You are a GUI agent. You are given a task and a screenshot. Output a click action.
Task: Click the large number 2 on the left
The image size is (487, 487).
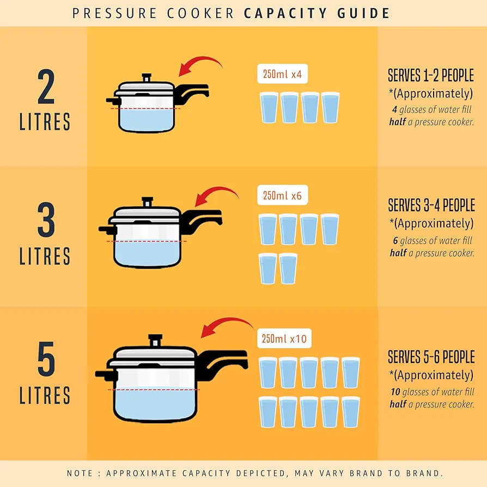point(46,88)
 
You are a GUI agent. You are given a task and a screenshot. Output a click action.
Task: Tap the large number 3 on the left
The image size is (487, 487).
point(46,221)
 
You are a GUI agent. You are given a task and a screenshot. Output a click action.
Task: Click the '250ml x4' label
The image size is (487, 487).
point(282,74)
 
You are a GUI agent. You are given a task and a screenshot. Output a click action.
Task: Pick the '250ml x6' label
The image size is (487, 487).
point(282,196)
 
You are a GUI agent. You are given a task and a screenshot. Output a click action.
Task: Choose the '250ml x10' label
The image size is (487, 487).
point(284,339)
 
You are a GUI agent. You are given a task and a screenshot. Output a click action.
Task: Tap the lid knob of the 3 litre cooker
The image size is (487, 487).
point(147,203)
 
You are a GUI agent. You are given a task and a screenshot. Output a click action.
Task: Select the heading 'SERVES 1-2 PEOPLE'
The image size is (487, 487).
point(430,75)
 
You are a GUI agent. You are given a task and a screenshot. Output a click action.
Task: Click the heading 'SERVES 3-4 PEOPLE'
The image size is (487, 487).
point(431,205)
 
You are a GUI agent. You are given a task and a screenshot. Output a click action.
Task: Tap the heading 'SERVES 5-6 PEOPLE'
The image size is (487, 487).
point(431,357)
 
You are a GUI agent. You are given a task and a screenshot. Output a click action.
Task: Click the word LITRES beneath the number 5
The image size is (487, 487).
point(45,395)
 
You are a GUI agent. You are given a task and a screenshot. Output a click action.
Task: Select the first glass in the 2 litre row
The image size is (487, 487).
point(269,108)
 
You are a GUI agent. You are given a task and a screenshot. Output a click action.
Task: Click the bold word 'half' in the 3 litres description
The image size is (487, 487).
point(398,253)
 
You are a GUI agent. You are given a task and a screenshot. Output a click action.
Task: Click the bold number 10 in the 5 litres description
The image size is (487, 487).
point(395,392)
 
